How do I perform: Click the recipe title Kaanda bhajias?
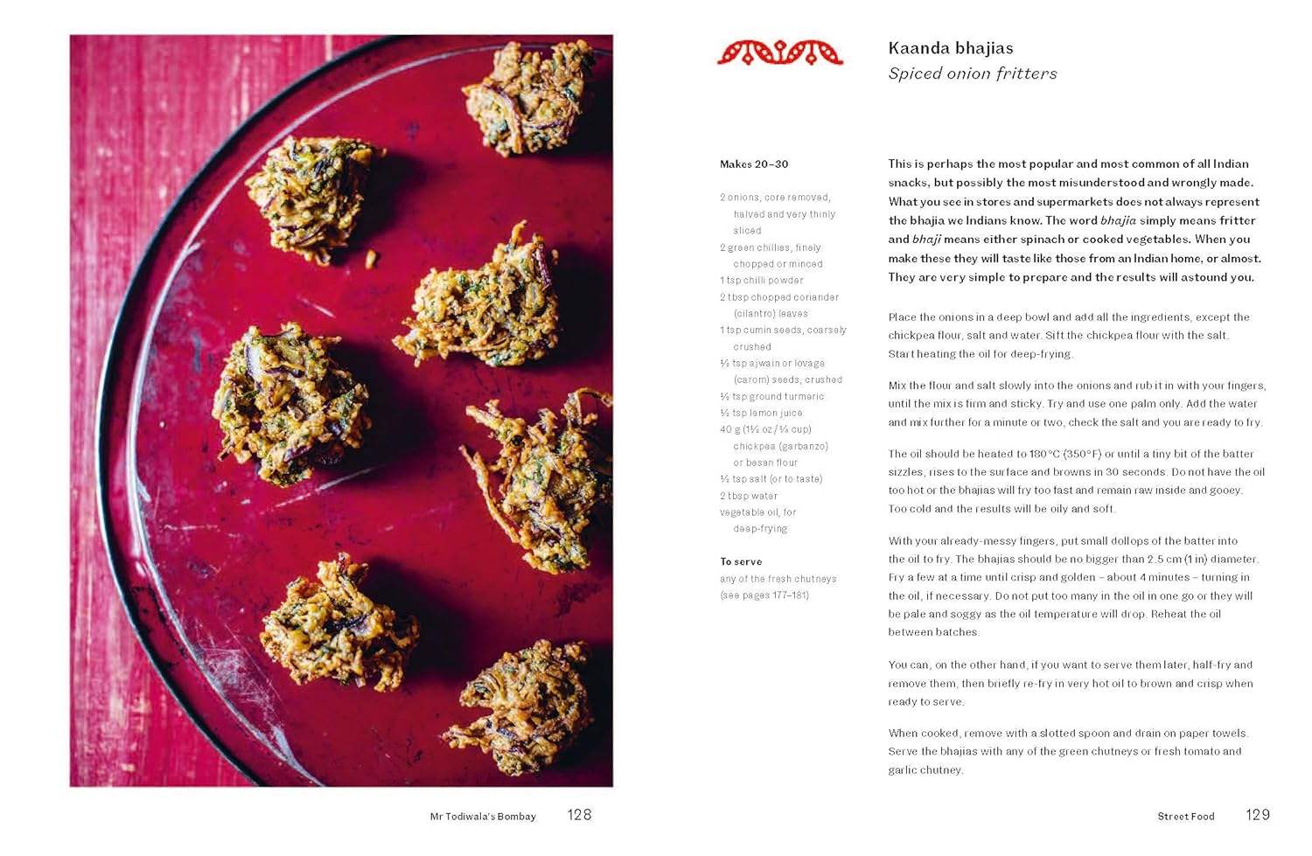[x=951, y=48]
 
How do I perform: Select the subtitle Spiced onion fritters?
[x=973, y=73]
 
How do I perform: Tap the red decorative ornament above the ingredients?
[x=780, y=52]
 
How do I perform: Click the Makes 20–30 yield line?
[x=754, y=164]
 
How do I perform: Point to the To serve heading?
[x=741, y=561]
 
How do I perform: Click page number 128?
[x=579, y=815]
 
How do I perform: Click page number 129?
[x=1257, y=815]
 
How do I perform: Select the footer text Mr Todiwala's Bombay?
[x=483, y=817]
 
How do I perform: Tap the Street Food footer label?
[x=1185, y=817]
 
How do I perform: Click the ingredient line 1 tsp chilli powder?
[x=761, y=281]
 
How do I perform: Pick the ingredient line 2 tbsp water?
[x=749, y=496]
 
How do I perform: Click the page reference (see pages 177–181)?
[x=764, y=595]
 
